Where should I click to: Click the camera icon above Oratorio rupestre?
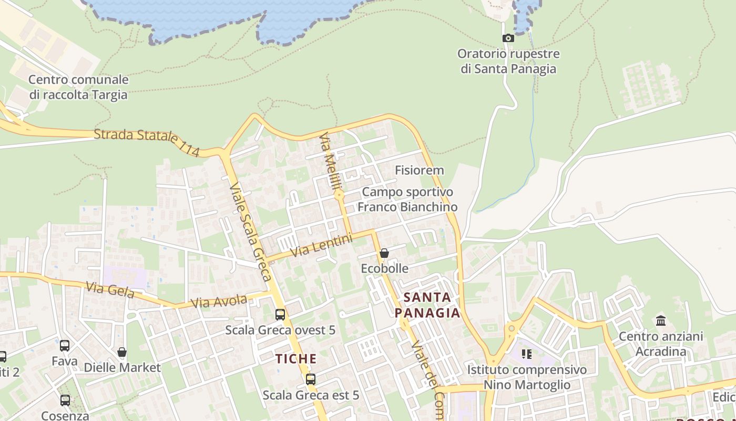[x=508, y=38]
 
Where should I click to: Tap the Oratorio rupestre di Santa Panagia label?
[x=508, y=61]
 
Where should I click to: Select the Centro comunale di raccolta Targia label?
[x=78, y=87]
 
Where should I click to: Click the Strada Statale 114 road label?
[x=147, y=142]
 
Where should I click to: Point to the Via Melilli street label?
[x=331, y=161]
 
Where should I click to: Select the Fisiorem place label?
[x=419, y=171]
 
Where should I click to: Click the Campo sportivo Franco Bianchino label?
[x=407, y=199]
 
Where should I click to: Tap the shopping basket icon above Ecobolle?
[x=384, y=253]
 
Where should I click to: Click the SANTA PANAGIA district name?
[x=427, y=305]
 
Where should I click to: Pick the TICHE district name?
[x=297, y=359]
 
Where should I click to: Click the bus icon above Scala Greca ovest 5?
[x=280, y=315]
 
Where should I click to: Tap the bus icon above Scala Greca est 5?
[x=311, y=379]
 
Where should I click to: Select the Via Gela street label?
[x=110, y=290]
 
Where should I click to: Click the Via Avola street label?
[x=219, y=302]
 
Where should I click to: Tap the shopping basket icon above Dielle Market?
[x=122, y=352]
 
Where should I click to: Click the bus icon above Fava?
[x=65, y=346]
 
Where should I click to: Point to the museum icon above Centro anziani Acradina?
[x=661, y=320]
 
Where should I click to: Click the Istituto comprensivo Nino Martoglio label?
[x=527, y=377]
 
